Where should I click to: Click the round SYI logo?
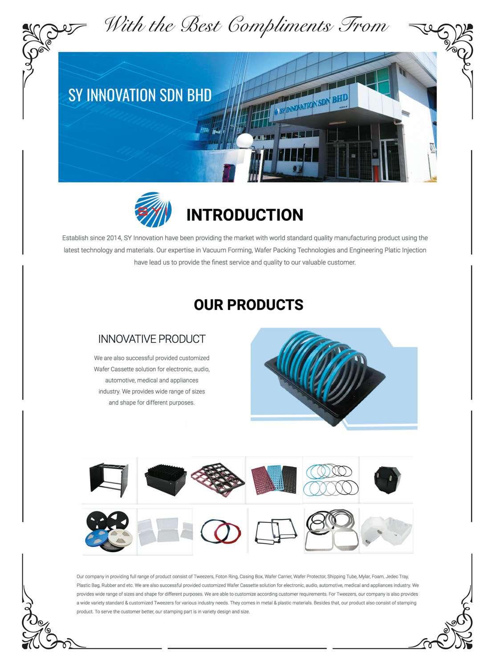click(x=153, y=210)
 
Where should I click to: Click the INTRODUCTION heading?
click(x=244, y=215)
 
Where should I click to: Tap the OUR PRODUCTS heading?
click(x=248, y=305)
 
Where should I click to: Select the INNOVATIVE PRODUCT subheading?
click(x=152, y=339)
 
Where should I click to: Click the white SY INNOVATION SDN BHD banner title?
click(x=140, y=95)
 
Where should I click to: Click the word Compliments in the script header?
click(x=280, y=25)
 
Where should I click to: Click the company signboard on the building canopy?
click(x=311, y=105)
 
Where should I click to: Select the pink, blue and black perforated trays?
click(x=274, y=480)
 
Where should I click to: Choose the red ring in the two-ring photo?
click(x=229, y=531)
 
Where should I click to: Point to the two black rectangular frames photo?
click(x=276, y=531)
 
